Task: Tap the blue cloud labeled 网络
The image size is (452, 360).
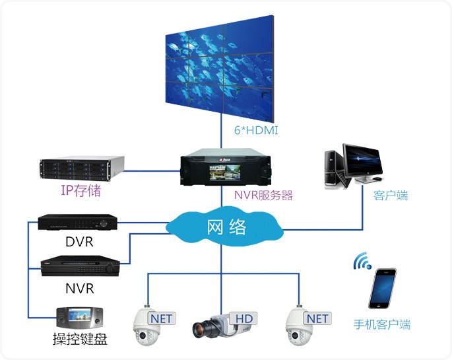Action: tap(225, 228)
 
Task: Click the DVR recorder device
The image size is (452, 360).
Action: tap(77, 223)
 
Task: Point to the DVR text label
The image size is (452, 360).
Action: tap(79, 242)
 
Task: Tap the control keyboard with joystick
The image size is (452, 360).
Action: tap(79, 318)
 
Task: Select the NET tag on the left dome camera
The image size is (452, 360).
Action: tap(161, 319)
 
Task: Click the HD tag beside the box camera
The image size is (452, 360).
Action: tap(245, 319)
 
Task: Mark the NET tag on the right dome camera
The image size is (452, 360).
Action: tap(317, 319)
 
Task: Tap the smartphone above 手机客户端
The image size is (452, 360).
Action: tap(382, 287)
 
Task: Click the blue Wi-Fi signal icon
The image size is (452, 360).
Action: tap(362, 262)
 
